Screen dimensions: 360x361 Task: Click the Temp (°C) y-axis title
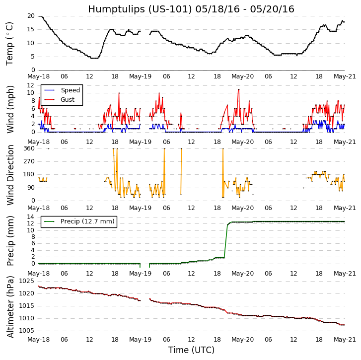(10, 43)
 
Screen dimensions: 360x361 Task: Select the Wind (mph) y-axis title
(10, 109)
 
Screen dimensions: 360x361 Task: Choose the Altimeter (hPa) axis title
(10, 306)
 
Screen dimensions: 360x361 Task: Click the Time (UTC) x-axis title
(191, 350)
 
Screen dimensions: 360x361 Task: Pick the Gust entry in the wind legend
(68, 100)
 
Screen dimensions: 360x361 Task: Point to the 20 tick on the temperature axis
(31, 16)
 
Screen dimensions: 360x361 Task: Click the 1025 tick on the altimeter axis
(26, 281)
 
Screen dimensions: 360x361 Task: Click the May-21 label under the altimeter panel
(345, 340)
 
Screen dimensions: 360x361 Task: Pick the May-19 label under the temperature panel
(140, 76)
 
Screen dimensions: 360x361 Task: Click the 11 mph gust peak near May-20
(238, 89)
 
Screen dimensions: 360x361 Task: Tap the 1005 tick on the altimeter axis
(26, 331)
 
